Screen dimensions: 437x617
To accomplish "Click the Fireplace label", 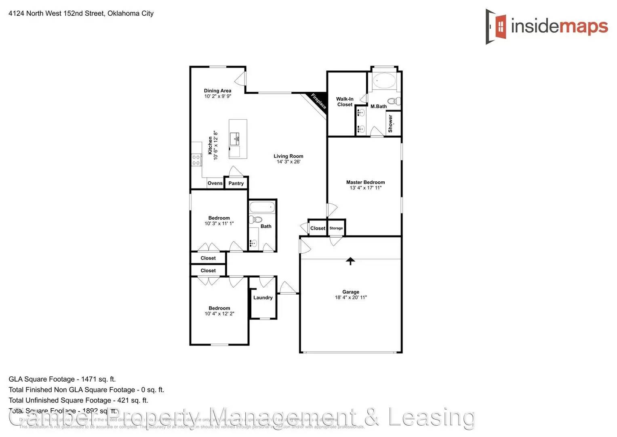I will (318, 101).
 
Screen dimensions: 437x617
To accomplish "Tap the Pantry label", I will (236, 183).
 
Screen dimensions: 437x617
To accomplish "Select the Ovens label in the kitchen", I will (215, 183).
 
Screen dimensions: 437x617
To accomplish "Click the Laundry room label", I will (263, 298).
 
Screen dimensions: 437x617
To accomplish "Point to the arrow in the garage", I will (350, 261).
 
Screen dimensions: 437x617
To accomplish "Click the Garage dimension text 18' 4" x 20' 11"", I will (351, 297).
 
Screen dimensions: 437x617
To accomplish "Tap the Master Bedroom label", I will (365, 182).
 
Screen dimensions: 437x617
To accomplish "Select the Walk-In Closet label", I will (345, 102).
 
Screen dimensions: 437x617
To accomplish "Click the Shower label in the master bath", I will (390, 123).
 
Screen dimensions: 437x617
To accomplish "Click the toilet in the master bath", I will (393, 101).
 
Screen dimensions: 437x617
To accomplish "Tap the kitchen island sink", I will (235, 139).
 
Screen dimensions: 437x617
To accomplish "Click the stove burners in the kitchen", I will (196, 160).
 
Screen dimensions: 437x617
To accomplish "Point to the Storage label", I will (336, 228).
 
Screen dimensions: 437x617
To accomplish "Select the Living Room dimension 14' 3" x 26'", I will (288, 162).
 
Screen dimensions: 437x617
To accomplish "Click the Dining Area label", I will (217, 91).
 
